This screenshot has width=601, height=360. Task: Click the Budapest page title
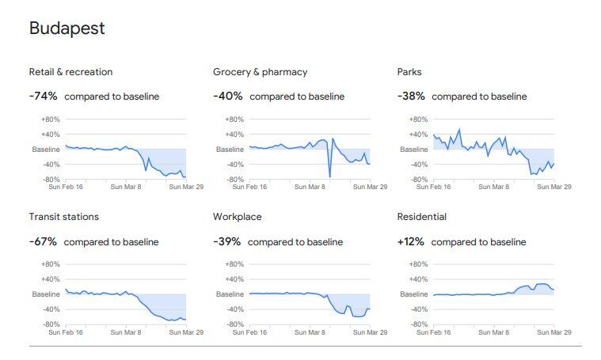67,28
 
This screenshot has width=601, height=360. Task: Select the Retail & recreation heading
70,72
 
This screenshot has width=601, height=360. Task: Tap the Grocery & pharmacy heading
260,72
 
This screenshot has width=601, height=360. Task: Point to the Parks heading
409,72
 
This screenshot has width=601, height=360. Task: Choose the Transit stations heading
63,217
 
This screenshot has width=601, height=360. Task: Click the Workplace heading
237,217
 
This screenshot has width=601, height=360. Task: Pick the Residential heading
421,217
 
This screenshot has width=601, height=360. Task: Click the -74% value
43,97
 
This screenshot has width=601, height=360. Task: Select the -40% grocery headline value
227,97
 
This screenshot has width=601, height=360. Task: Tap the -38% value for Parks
411,97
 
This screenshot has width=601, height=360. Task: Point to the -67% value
43,241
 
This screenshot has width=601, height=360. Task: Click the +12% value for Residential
411,241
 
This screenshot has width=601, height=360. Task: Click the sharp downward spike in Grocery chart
329,176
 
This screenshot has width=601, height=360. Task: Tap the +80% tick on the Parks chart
417,119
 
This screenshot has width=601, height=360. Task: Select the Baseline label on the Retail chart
46,150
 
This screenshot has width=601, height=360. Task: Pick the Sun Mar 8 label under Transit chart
126,332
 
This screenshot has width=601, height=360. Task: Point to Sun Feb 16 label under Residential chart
436,332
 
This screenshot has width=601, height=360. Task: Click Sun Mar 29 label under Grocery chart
369,188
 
